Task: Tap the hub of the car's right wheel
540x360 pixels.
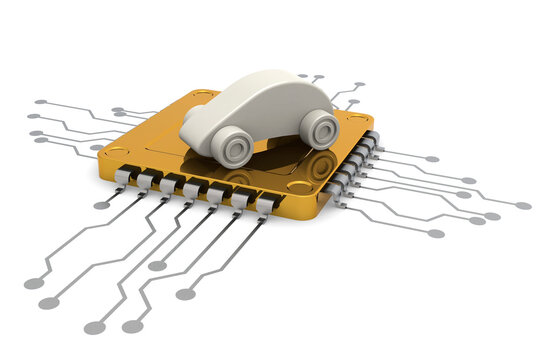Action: tap(321, 129)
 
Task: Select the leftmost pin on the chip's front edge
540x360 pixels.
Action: tap(123, 177)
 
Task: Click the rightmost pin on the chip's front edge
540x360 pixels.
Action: tap(265, 204)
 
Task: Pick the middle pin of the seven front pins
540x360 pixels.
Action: tap(193, 190)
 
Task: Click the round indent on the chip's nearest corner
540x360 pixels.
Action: tap(298, 187)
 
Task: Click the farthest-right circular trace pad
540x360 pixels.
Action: tap(523, 205)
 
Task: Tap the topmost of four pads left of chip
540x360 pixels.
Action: tap(40, 102)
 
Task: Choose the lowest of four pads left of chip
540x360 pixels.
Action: tap(41, 140)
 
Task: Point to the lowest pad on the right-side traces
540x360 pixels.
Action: tap(436, 233)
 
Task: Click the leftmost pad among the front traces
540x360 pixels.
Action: tap(33, 283)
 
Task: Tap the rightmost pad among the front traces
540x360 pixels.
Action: tap(185, 294)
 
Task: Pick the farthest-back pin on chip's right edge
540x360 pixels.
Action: tap(372, 135)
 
